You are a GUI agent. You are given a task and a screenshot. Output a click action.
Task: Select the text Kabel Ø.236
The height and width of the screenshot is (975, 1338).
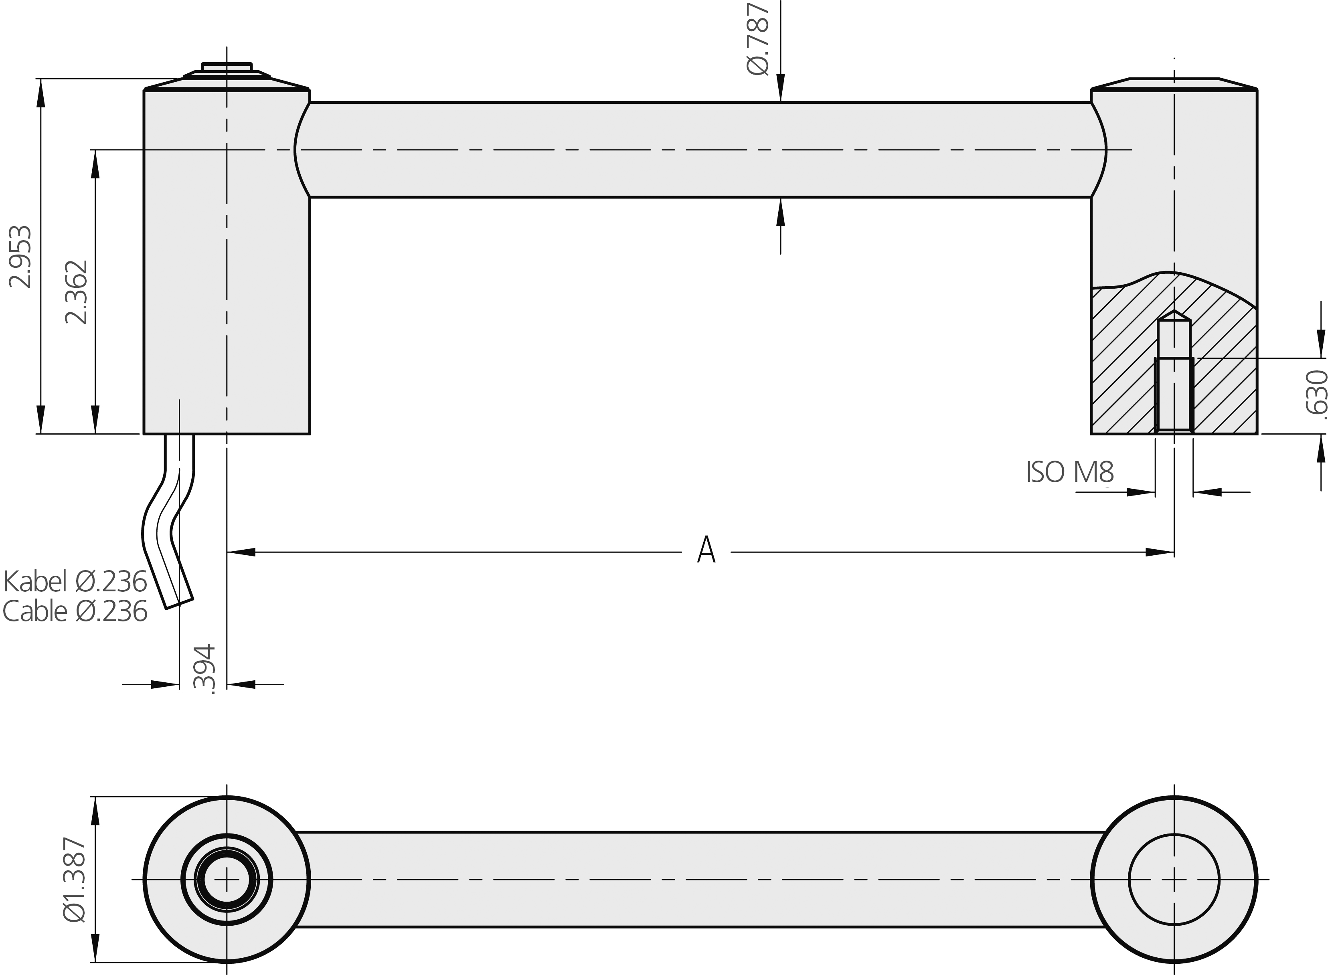[x=75, y=582]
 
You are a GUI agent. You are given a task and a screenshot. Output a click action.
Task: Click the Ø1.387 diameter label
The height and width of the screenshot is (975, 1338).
[x=75, y=880]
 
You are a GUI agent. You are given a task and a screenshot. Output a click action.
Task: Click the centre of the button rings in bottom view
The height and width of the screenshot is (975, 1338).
[x=227, y=880]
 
